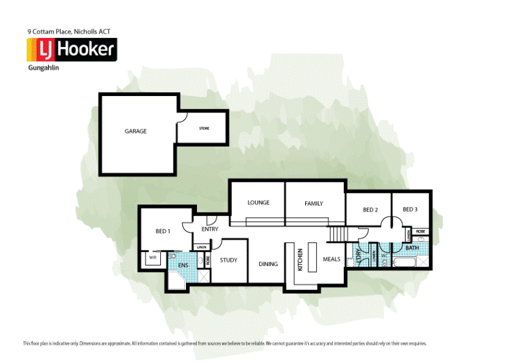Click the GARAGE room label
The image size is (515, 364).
click(135, 131)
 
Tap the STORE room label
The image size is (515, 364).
click(203, 128)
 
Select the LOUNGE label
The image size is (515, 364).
click(258, 203)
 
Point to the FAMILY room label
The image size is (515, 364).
click(314, 204)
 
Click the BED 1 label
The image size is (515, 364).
click(163, 231)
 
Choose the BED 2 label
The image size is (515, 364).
click(370, 210)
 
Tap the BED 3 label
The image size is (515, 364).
click(410, 209)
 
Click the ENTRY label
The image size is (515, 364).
click(210, 229)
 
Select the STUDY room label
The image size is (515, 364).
click(229, 260)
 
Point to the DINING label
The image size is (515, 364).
click(268, 263)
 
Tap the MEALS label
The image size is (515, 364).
click(332, 259)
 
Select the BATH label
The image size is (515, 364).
click(413, 247)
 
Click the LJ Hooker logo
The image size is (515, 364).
click(71, 50)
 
